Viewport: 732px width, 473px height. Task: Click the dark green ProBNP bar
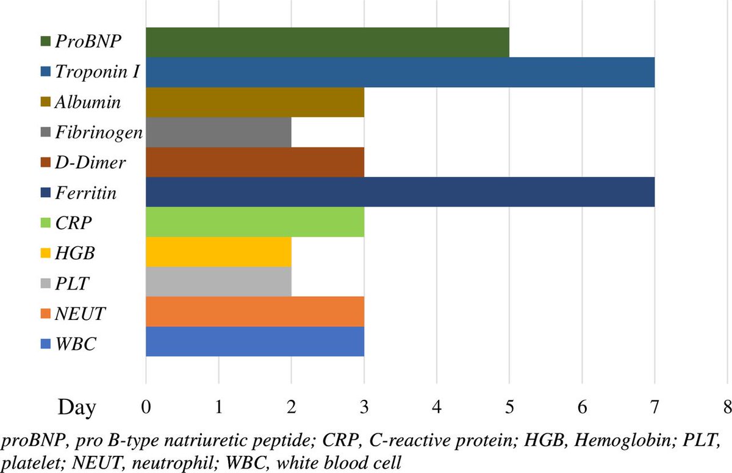coord(327,42)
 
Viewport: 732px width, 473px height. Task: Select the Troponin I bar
coord(400,72)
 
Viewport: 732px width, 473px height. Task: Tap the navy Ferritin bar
coord(400,192)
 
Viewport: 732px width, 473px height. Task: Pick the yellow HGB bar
coord(218,252)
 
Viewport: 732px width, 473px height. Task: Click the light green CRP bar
coord(255,222)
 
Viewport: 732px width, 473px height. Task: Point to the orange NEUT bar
coord(255,311)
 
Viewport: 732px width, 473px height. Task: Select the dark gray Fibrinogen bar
coord(218,132)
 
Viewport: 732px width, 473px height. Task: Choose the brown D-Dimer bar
coord(255,162)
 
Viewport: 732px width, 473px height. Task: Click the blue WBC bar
coord(255,341)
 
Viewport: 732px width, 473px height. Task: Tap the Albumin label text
coord(87,102)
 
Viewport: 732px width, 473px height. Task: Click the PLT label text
coord(71,282)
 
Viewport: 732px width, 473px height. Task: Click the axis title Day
coord(77,407)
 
